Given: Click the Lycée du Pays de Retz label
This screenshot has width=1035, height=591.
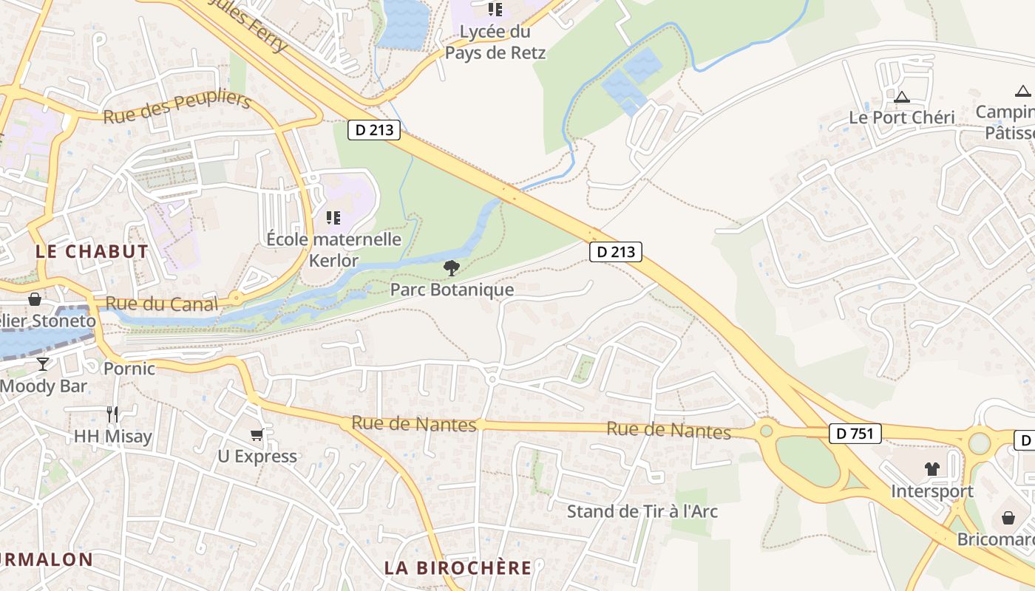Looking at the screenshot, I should click(x=495, y=42).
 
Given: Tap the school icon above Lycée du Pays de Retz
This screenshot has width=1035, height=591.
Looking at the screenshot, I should click(x=495, y=10).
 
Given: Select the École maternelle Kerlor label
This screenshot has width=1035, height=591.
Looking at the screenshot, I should click(x=333, y=250).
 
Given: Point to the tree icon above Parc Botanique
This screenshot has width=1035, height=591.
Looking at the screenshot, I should click(x=451, y=267).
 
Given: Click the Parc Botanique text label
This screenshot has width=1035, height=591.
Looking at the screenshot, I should click(x=452, y=289).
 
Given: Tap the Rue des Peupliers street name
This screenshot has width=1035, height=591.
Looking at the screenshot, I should click(x=177, y=109).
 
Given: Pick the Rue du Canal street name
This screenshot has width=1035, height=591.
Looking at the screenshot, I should click(x=162, y=304).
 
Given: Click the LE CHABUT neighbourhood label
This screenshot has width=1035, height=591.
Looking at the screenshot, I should click(x=92, y=251).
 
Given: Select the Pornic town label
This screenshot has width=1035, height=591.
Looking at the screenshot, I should click(x=129, y=368).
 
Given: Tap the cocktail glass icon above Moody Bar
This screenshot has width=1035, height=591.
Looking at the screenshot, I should click(x=43, y=363).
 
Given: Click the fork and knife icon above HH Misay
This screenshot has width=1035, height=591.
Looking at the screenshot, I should click(x=112, y=414).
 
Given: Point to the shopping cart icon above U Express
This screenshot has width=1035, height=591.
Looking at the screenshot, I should click(x=257, y=434).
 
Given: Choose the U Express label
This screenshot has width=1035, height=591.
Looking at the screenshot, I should click(x=257, y=457).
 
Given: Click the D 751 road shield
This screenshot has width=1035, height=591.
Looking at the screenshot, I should click(x=855, y=434).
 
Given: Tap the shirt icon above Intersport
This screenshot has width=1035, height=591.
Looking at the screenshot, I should click(x=931, y=468).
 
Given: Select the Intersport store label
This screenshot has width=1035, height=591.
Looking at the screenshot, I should click(x=931, y=491).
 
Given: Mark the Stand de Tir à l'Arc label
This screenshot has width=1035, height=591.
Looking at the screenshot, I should click(x=642, y=511).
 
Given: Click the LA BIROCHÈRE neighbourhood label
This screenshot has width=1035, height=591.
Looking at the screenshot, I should click(x=458, y=567).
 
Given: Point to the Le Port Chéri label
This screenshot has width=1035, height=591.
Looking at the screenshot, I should click(x=901, y=117).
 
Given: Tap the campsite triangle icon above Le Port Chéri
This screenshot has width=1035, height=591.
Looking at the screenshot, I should click(x=901, y=96).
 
